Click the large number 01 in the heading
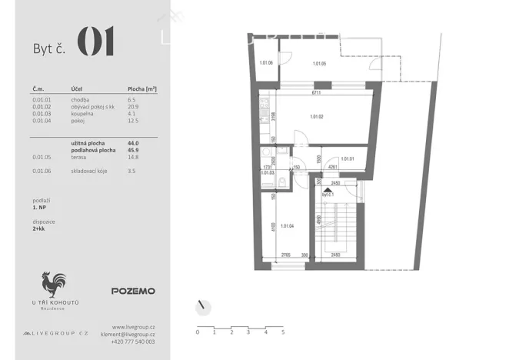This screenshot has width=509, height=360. tap(96, 43)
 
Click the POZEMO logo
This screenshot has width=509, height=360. tap(133, 291)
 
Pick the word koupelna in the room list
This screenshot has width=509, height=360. tap(82, 114)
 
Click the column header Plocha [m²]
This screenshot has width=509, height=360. tap(142, 89)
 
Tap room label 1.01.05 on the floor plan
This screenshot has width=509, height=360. tap(319, 63)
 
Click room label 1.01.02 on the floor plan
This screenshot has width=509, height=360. tap(317, 117)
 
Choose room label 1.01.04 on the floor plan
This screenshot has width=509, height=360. tap(289, 225)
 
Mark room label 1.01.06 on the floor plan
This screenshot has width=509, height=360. tap(267, 62)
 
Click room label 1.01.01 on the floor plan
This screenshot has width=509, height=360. tap(346, 158)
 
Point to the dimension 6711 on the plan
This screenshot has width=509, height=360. tap(315, 93)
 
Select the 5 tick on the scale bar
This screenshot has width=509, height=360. tap(283, 332)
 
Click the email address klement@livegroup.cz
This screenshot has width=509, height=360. tap(128, 334)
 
